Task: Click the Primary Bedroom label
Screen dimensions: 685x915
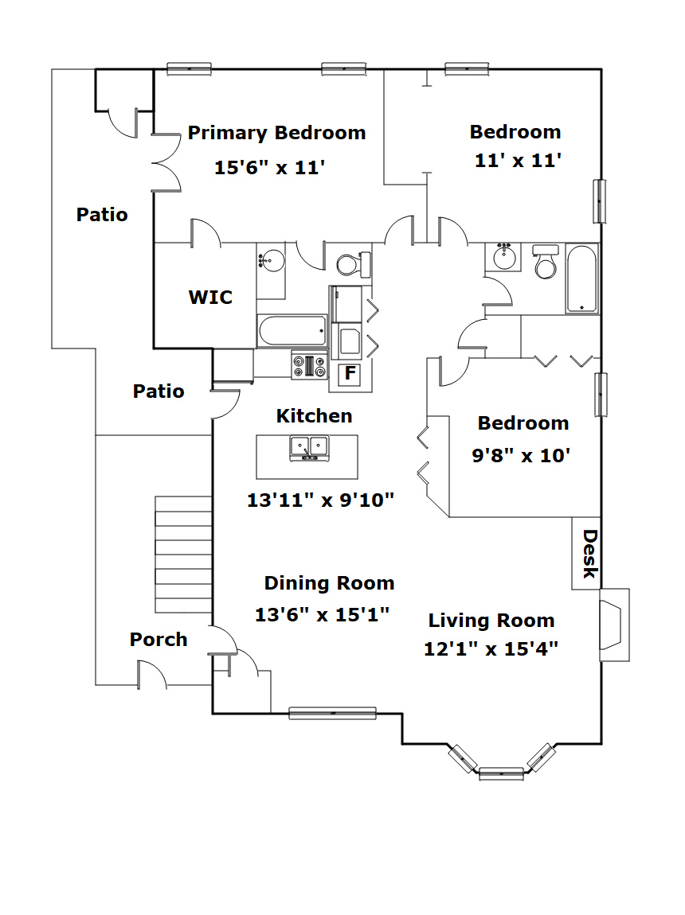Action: (x=276, y=133)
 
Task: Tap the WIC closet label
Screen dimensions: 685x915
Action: (x=210, y=297)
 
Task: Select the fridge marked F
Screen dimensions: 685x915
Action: (x=350, y=373)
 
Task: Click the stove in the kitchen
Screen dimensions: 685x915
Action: (x=310, y=366)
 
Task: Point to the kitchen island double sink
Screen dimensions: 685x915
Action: (x=310, y=448)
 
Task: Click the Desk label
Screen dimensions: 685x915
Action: (x=590, y=554)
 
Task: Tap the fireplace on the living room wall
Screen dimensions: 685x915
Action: (x=614, y=625)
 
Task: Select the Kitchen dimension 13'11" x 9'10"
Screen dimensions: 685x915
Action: (x=321, y=500)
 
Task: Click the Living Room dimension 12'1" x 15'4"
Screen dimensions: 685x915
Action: (x=491, y=649)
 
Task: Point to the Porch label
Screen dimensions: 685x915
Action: (x=159, y=640)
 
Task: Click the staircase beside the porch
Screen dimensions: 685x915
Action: (x=183, y=555)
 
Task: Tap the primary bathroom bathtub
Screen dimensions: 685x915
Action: (x=292, y=331)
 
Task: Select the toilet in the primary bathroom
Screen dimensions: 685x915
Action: (x=354, y=264)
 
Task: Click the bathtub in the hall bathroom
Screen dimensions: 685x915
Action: (x=581, y=279)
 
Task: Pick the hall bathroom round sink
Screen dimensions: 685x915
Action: (x=504, y=257)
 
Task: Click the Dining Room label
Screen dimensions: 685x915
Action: (x=330, y=583)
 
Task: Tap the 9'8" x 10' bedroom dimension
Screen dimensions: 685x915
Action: (x=521, y=455)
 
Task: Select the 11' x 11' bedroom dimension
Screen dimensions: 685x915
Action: (x=518, y=161)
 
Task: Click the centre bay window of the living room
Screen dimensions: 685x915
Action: (x=501, y=774)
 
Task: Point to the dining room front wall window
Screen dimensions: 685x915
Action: (x=332, y=713)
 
